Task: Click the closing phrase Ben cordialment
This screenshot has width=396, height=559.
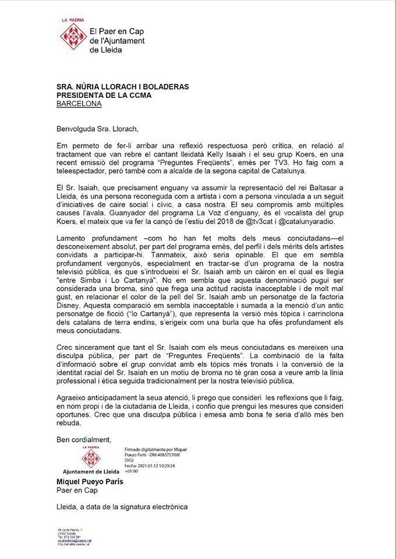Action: tap(83, 438)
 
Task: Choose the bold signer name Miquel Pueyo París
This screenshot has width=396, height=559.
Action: tap(90, 482)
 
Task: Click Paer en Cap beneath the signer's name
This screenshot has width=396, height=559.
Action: tap(76, 490)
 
